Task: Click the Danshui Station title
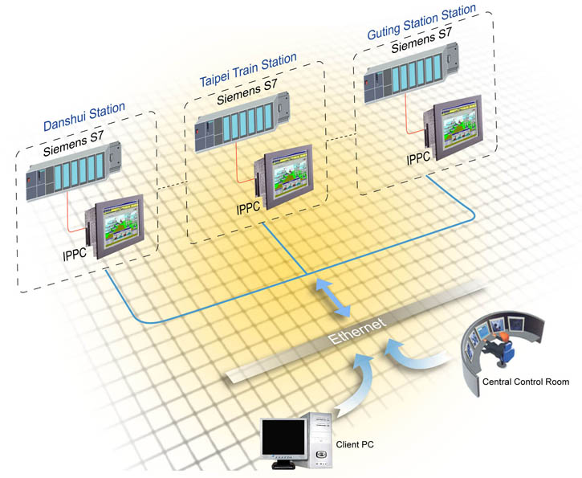pos(84,116)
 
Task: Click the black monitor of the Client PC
pos(284,437)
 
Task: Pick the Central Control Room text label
pos(526,382)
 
